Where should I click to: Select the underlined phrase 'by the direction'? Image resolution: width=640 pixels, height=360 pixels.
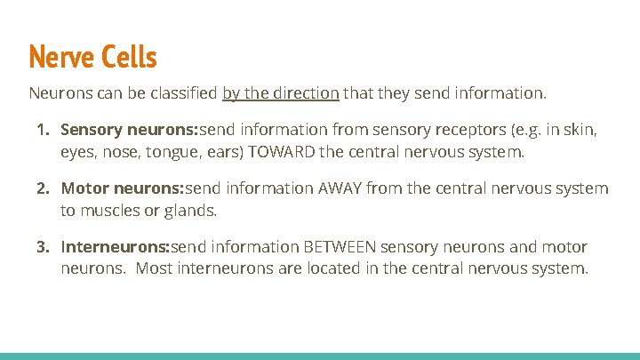click(x=280, y=92)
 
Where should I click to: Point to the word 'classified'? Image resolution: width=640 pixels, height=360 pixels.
click(x=184, y=92)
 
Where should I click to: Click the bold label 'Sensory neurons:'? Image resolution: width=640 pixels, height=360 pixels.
click(x=129, y=131)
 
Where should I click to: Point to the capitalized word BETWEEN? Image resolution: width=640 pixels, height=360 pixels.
click(x=353, y=246)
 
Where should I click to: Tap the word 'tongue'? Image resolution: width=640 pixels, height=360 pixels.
click(x=154, y=152)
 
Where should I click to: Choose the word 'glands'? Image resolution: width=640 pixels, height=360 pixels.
click(x=191, y=211)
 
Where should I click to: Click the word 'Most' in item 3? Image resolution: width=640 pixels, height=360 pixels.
click(x=154, y=268)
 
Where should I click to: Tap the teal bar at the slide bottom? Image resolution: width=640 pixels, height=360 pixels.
click(x=320, y=356)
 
